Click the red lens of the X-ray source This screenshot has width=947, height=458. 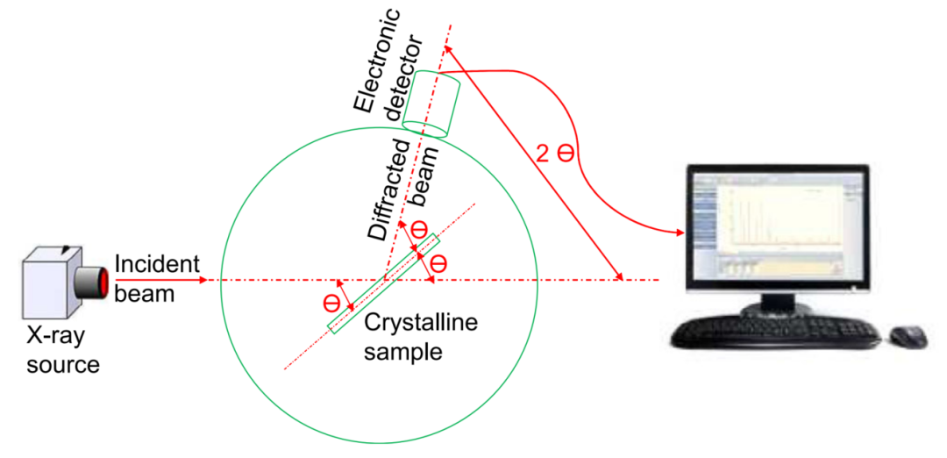tap(102, 281)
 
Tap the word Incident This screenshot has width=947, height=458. tap(158, 264)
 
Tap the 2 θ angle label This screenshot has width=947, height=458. tap(555, 154)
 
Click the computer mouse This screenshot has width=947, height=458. tap(907, 336)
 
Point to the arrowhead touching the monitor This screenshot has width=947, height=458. tap(679, 233)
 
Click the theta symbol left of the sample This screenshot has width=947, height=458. tap(331, 304)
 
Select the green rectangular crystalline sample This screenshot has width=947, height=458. tap(383, 283)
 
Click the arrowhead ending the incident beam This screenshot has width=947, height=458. tap(203, 281)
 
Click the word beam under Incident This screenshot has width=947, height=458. tap(144, 292)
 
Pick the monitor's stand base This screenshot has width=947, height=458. tap(772, 308)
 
